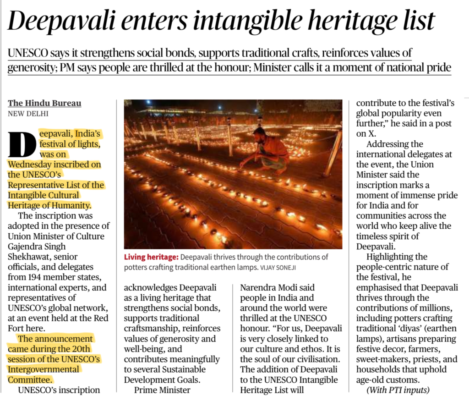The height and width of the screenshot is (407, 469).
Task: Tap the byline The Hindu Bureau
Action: [44, 103]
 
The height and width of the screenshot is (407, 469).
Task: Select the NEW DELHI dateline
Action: [28, 114]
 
